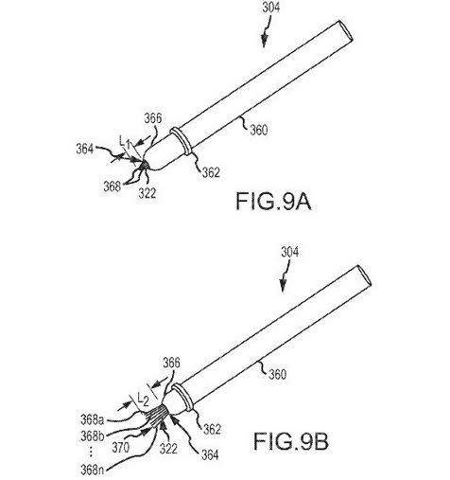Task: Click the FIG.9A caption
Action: click(x=273, y=202)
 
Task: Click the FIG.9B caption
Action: click(x=291, y=441)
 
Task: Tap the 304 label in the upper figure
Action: click(x=271, y=8)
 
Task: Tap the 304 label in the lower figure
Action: click(x=289, y=252)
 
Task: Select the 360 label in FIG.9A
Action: click(x=259, y=130)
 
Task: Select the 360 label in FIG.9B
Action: click(x=277, y=374)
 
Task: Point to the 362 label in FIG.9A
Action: click(x=211, y=172)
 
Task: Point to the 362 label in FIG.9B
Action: click(x=212, y=429)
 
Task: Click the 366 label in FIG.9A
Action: click(x=153, y=118)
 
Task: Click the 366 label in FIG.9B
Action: click(x=171, y=363)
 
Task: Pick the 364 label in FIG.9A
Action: click(x=85, y=149)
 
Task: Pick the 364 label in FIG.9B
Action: click(x=210, y=454)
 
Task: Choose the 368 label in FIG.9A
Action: click(x=112, y=187)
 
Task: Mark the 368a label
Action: click(x=92, y=419)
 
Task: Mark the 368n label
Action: click(x=92, y=470)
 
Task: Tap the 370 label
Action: click(x=120, y=447)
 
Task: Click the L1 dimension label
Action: click(x=125, y=142)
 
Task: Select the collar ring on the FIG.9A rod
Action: click(x=182, y=141)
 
